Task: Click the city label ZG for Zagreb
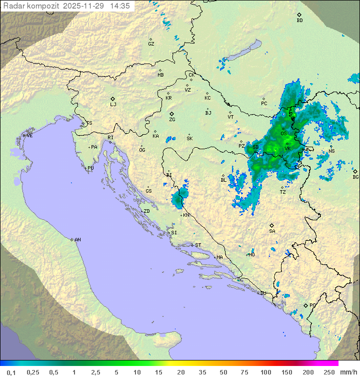172,120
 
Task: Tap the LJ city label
113,104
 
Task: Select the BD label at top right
299,21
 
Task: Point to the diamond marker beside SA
271,225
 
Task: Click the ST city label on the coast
198,245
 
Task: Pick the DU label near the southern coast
263,293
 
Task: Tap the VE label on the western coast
29,136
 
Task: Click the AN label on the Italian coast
77,240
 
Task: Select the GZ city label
151,44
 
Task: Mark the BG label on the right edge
355,177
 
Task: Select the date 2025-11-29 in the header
84,6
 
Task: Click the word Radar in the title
13,6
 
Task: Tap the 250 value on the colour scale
329,372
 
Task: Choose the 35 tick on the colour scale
202,372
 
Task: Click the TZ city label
283,192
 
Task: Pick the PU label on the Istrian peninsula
90,168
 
